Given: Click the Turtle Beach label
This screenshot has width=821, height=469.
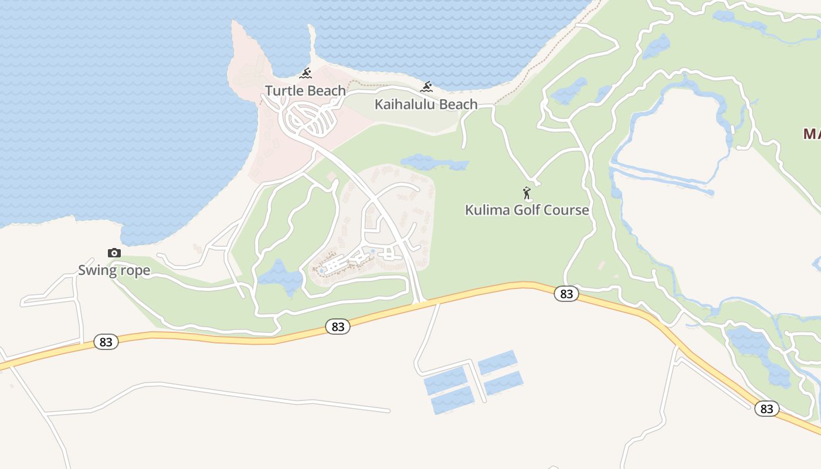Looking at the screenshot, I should coord(305,91).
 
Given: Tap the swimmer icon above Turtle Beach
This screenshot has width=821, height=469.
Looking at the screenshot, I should coord(306,73).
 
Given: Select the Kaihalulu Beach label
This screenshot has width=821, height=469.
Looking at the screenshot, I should coord(426,105).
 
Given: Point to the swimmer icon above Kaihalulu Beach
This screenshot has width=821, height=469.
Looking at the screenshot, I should coord(426,87).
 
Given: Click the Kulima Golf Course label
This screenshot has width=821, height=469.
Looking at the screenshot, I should coord(527,210).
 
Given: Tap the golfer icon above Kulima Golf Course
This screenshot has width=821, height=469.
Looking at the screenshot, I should coord(527,192).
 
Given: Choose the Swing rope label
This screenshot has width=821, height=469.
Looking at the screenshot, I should coord(114,270).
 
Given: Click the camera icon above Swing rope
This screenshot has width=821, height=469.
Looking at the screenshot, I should coord(114,253).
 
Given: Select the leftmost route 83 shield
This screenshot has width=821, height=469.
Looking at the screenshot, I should coord(106,342).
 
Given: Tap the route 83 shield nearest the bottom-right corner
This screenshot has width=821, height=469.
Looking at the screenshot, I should coord(766,409).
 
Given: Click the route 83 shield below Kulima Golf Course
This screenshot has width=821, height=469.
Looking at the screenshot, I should coord(566,294).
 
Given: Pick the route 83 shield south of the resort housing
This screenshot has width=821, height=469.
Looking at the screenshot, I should coord(338,327).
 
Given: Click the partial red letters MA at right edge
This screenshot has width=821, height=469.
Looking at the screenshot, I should coord(812,134).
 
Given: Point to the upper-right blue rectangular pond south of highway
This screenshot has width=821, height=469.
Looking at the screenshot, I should coord(497,362).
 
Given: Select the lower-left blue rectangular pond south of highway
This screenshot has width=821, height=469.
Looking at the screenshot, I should coord(452,400).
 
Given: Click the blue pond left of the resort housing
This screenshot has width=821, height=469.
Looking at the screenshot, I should coord(281,277).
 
